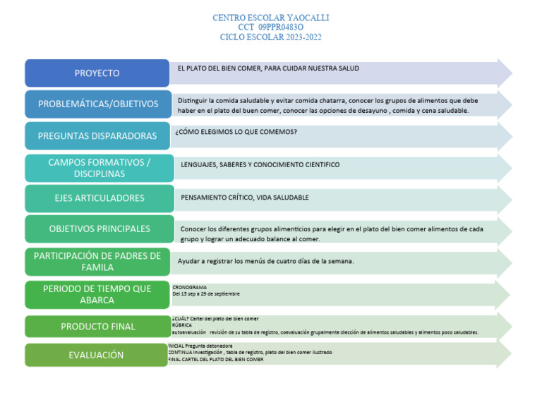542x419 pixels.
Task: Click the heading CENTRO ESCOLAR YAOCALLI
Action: (x=270, y=18)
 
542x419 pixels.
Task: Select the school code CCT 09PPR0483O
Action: (x=270, y=27)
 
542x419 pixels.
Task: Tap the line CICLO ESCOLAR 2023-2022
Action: (x=270, y=37)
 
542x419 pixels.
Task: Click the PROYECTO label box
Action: (x=97, y=73)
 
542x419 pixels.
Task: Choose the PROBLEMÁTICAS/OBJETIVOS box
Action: (x=98, y=104)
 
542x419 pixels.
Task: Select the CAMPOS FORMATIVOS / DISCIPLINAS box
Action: (x=99, y=168)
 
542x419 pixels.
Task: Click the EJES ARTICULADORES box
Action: (x=99, y=198)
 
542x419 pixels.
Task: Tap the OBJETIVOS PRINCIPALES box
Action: (x=99, y=229)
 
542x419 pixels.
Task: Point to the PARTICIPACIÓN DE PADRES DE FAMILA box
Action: (x=97, y=262)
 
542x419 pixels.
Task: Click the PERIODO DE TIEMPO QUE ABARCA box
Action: (x=97, y=295)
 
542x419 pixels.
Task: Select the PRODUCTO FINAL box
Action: (x=97, y=327)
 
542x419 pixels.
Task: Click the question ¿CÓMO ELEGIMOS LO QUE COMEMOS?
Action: (x=236, y=132)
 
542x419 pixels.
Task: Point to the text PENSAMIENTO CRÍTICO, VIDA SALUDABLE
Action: (x=244, y=198)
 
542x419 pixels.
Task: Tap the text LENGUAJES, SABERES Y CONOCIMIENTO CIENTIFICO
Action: (x=260, y=164)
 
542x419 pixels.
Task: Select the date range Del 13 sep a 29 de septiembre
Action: (x=206, y=294)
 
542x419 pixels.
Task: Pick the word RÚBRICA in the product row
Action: (x=182, y=325)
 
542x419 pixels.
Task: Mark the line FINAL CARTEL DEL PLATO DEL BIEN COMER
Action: (x=215, y=359)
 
